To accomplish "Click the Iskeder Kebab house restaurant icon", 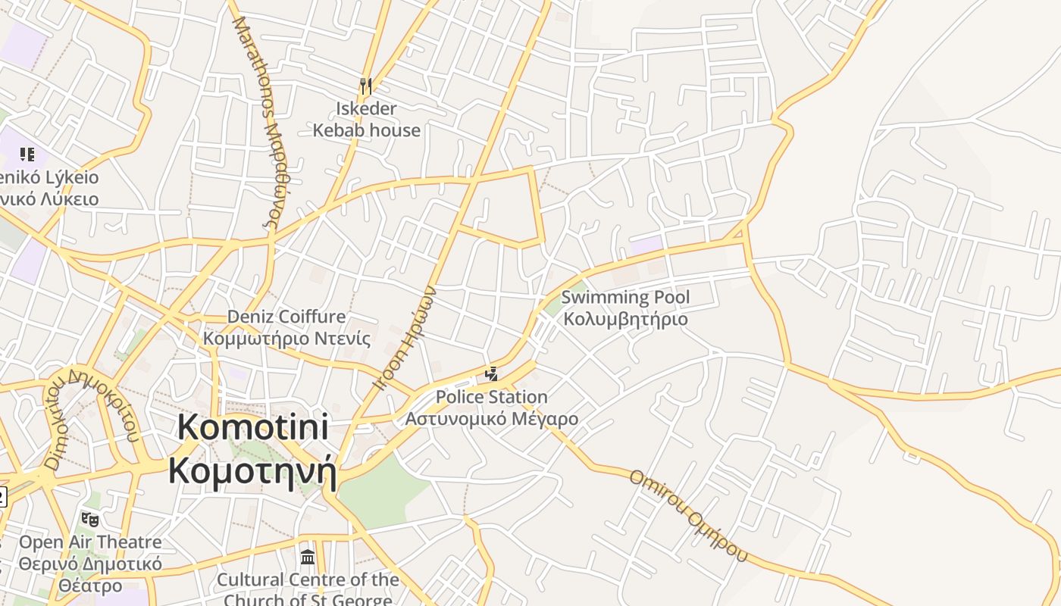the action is [367, 86].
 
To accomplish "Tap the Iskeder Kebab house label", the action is [367, 120].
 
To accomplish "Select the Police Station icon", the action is [491, 373].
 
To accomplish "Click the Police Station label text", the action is [491, 397].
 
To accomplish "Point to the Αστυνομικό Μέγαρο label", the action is [491, 419].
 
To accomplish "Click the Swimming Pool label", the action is [625, 297].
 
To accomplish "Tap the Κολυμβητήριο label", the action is [625, 319].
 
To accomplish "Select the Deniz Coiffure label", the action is [286, 317].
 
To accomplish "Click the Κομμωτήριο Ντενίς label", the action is [286, 338].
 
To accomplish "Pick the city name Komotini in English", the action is [253, 428].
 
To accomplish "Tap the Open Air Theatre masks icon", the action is [90, 520].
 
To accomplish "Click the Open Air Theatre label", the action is [90, 542].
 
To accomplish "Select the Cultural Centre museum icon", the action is [308, 558].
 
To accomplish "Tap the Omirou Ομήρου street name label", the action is [687, 516].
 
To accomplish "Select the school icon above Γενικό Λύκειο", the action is [28, 155].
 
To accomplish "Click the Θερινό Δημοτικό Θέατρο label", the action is [90, 575].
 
